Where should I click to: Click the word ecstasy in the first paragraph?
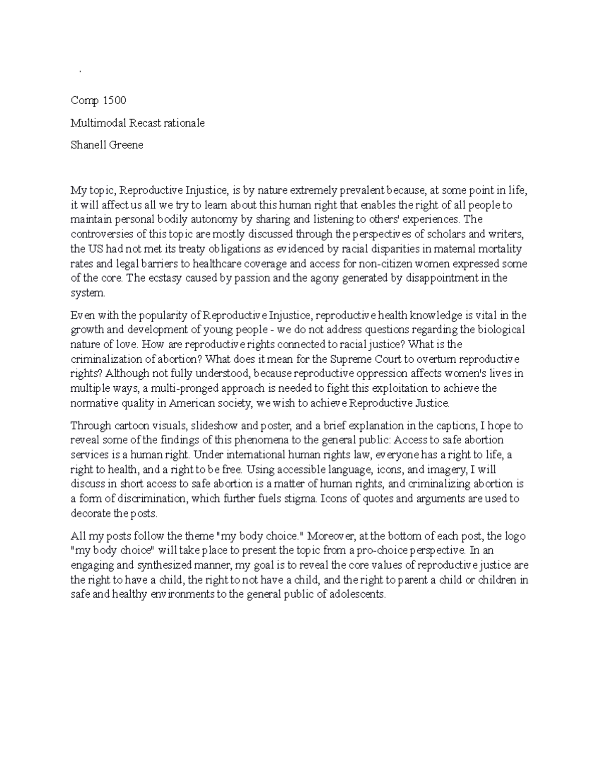point(150,278)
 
